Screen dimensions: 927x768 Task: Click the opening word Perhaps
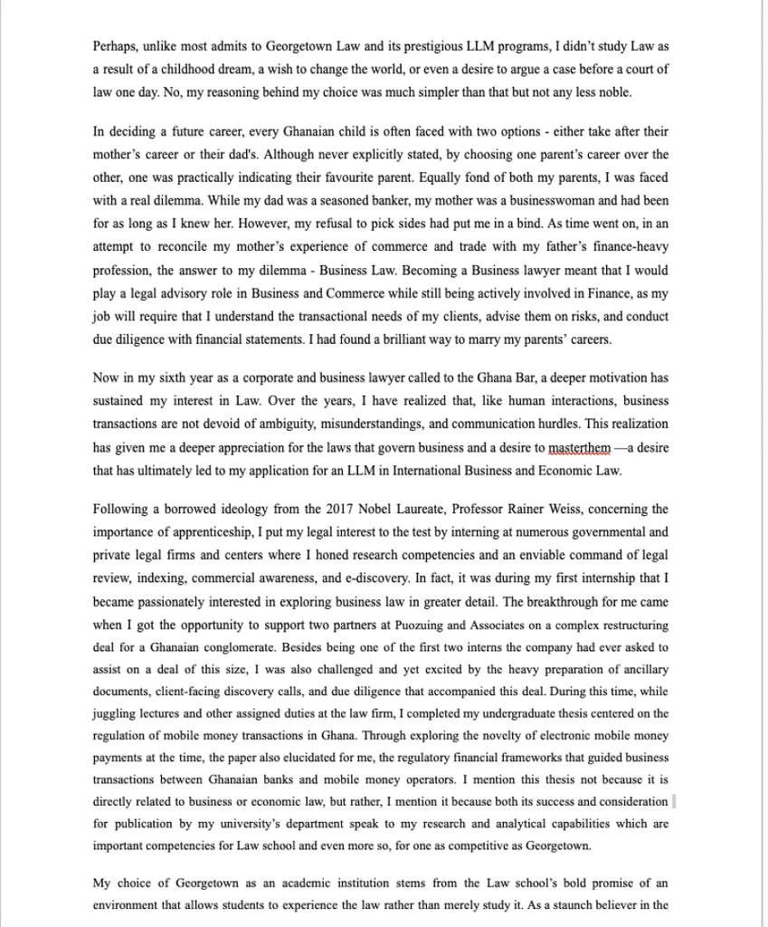click(116, 45)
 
